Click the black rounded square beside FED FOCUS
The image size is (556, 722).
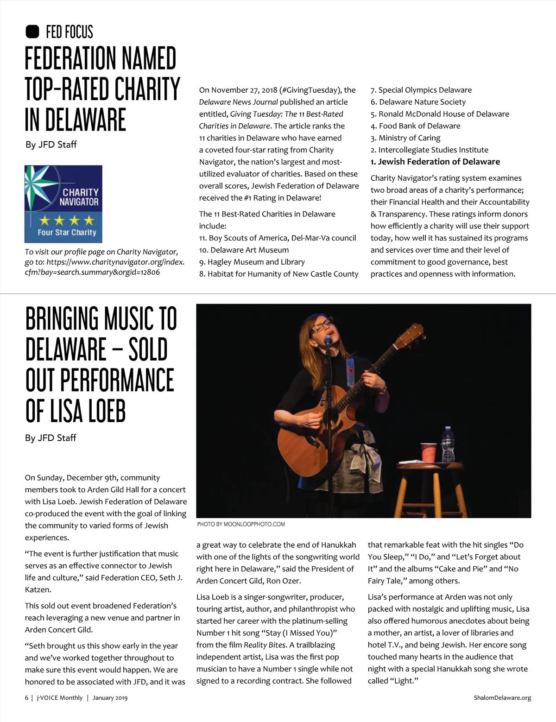point(32,32)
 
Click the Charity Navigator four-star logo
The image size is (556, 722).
point(63,204)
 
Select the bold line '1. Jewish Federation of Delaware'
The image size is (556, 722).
point(435,162)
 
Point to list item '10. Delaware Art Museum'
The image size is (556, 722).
point(244,250)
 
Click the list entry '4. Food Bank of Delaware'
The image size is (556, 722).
point(415,126)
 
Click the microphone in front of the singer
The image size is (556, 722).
point(329,341)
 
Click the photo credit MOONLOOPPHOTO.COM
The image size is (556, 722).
point(241,524)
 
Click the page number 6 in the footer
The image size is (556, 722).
point(27,697)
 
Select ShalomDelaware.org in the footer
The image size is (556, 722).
point(502,697)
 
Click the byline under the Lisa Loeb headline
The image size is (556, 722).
point(51,438)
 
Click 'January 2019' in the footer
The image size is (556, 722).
point(110,697)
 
